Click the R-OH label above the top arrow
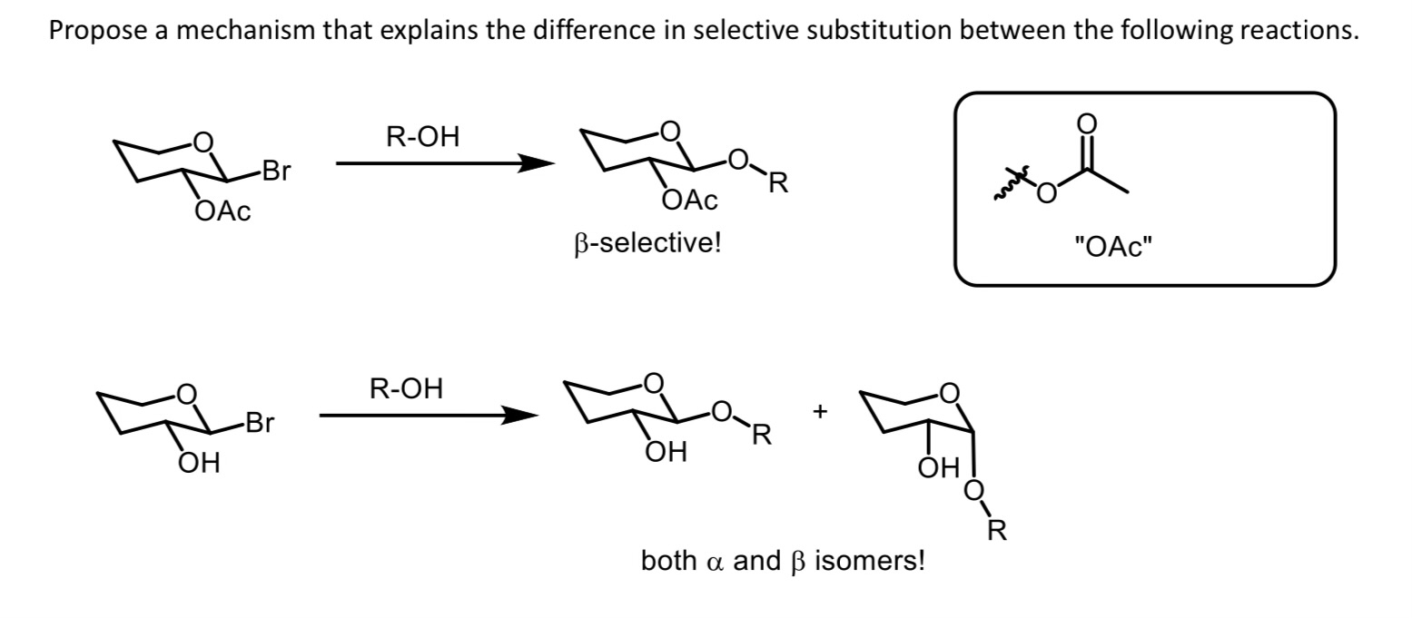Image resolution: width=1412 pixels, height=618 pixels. (x=423, y=138)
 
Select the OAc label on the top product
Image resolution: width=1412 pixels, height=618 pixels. (x=689, y=201)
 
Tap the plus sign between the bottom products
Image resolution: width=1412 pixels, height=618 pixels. (x=820, y=413)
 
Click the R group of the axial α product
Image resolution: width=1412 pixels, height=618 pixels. (x=996, y=532)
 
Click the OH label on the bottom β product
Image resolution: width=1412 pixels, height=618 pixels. (x=666, y=451)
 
